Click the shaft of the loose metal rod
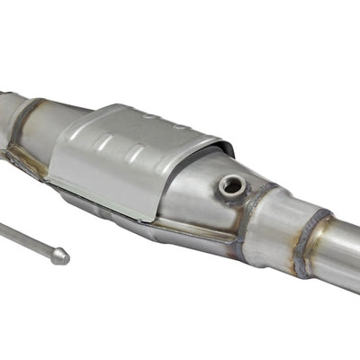[27, 241]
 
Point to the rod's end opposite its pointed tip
[2, 229]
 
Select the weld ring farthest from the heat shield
[313, 240]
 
